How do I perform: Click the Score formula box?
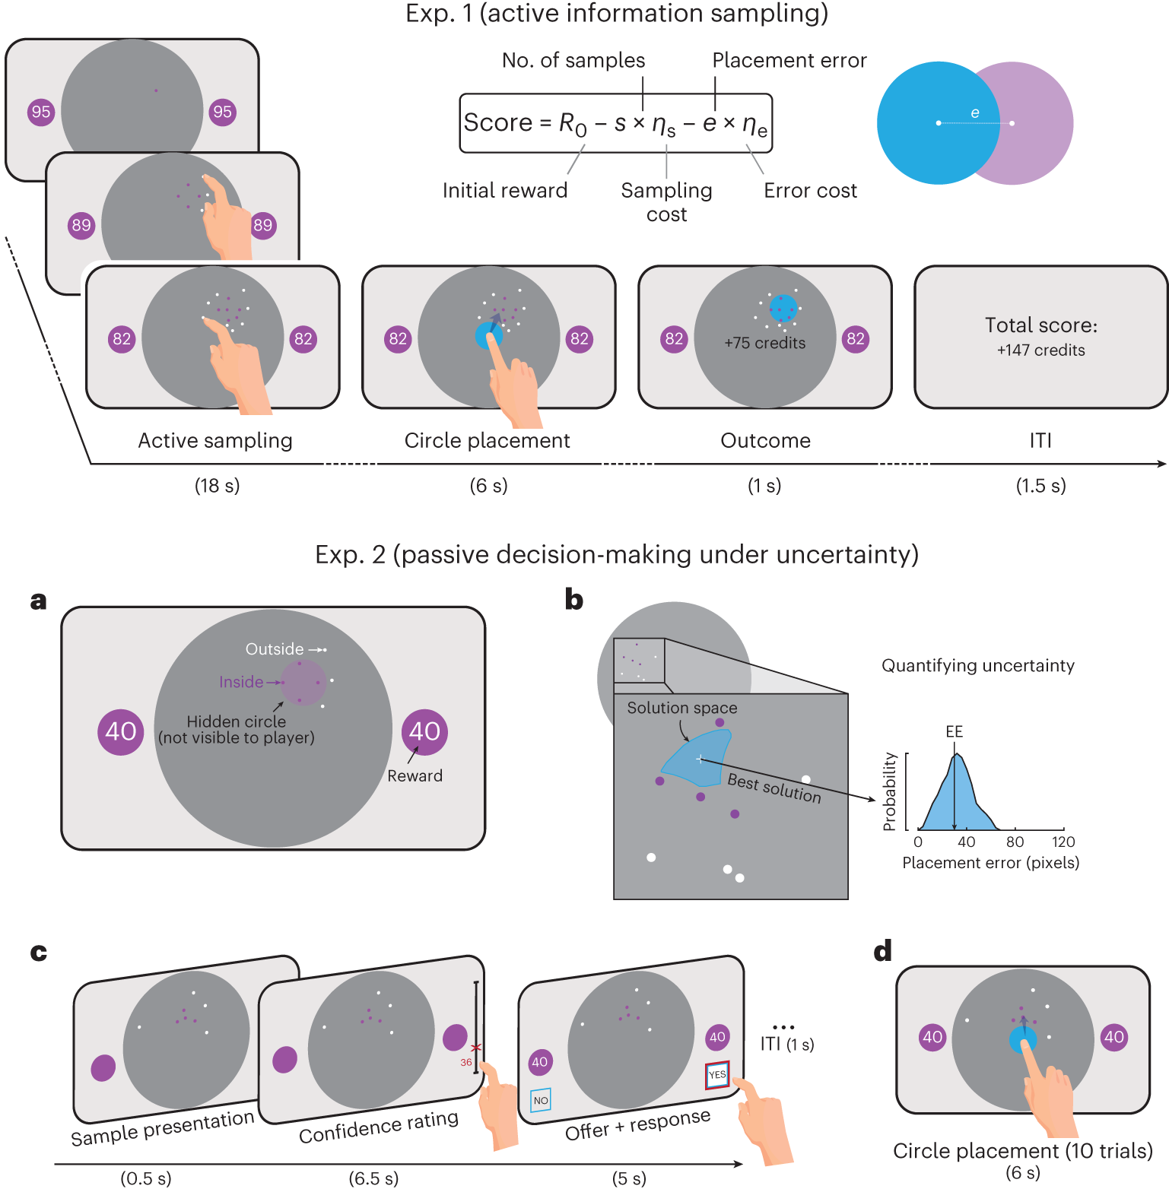[615, 123]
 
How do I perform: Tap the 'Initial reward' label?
[505, 190]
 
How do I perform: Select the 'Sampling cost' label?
[666, 202]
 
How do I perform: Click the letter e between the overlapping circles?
[975, 113]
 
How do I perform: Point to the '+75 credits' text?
[764, 343]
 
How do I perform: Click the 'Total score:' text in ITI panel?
[1040, 325]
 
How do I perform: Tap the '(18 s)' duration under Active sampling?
[217, 486]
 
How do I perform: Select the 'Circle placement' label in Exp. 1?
[487, 441]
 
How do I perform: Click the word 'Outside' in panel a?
[274, 649]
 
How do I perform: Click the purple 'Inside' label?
[240, 682]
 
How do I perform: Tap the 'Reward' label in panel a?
[415, 776]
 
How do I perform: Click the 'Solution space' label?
[681, 708]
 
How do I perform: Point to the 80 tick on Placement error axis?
[1015, 842]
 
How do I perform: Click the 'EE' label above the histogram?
[954, 731]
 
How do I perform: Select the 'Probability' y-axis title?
[889, 791]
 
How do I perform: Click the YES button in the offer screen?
[717, 1074]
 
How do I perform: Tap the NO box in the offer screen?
[541, 1100]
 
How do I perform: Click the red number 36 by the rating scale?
[465, 1062]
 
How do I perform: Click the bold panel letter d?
[882, 952]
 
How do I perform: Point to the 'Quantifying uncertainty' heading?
[977, 666]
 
